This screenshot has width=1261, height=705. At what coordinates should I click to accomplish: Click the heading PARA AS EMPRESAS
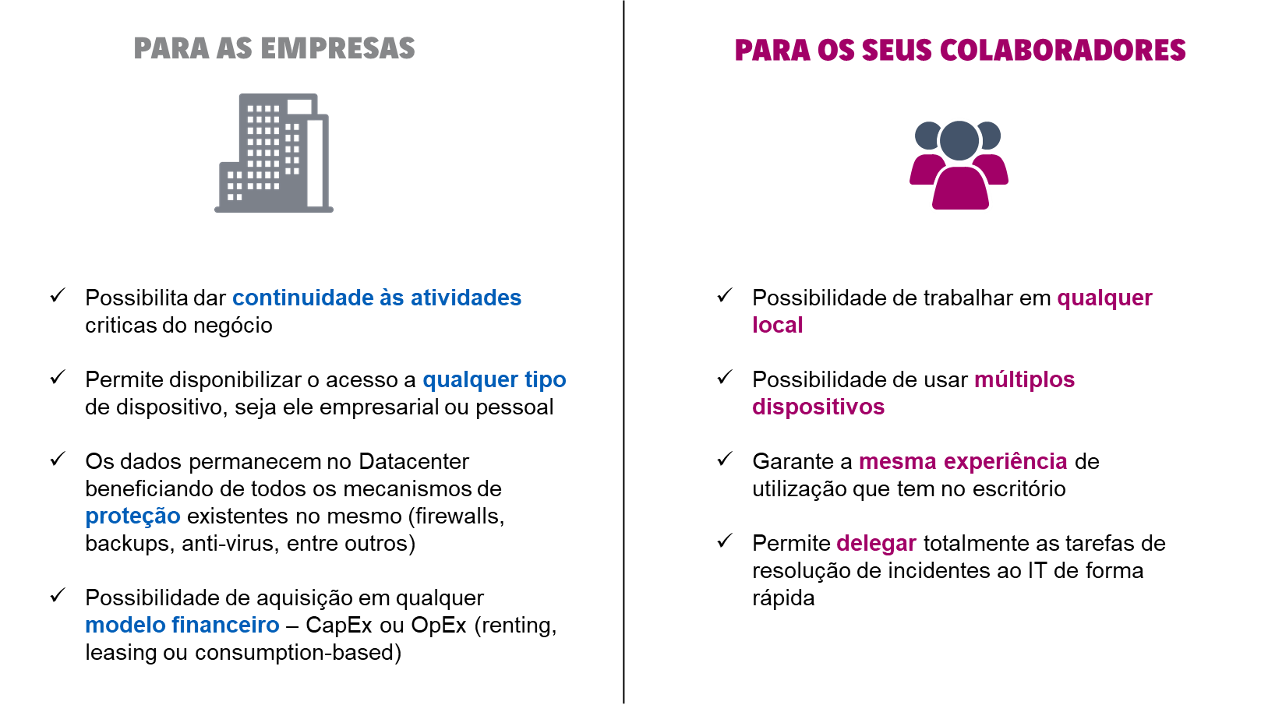(x=274, y=48)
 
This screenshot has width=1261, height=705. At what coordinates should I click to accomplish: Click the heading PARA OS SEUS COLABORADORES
(x=960, y=50)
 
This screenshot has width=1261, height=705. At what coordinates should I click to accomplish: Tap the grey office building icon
(x=274, y=153)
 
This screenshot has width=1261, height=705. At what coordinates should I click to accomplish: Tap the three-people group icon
(x=959, y=165)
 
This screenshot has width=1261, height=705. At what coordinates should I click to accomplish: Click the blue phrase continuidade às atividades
(x=376, y=298)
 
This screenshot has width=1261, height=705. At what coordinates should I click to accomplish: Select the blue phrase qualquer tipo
(x=494, y=380)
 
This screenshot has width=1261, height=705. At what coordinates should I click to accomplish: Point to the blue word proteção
(x=132, y=517)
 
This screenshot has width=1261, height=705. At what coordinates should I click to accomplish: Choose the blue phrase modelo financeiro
(x=182, y=625)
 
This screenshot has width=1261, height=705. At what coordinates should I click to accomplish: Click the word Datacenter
(x=414, y=461)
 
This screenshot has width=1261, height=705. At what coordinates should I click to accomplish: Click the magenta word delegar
(x=877, y=544)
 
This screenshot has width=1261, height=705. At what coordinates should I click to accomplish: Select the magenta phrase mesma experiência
(x=963, y=462)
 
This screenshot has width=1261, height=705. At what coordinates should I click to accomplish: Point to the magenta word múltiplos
(x=1025, y=380)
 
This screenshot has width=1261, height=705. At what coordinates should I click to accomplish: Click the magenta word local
(x=778, y=325)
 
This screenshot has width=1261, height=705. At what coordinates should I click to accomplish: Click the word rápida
(x=783, y=598)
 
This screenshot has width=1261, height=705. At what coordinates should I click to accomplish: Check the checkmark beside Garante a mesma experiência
(x=725, y=459)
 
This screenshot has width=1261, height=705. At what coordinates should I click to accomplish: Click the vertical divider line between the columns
(x=623, y=352)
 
